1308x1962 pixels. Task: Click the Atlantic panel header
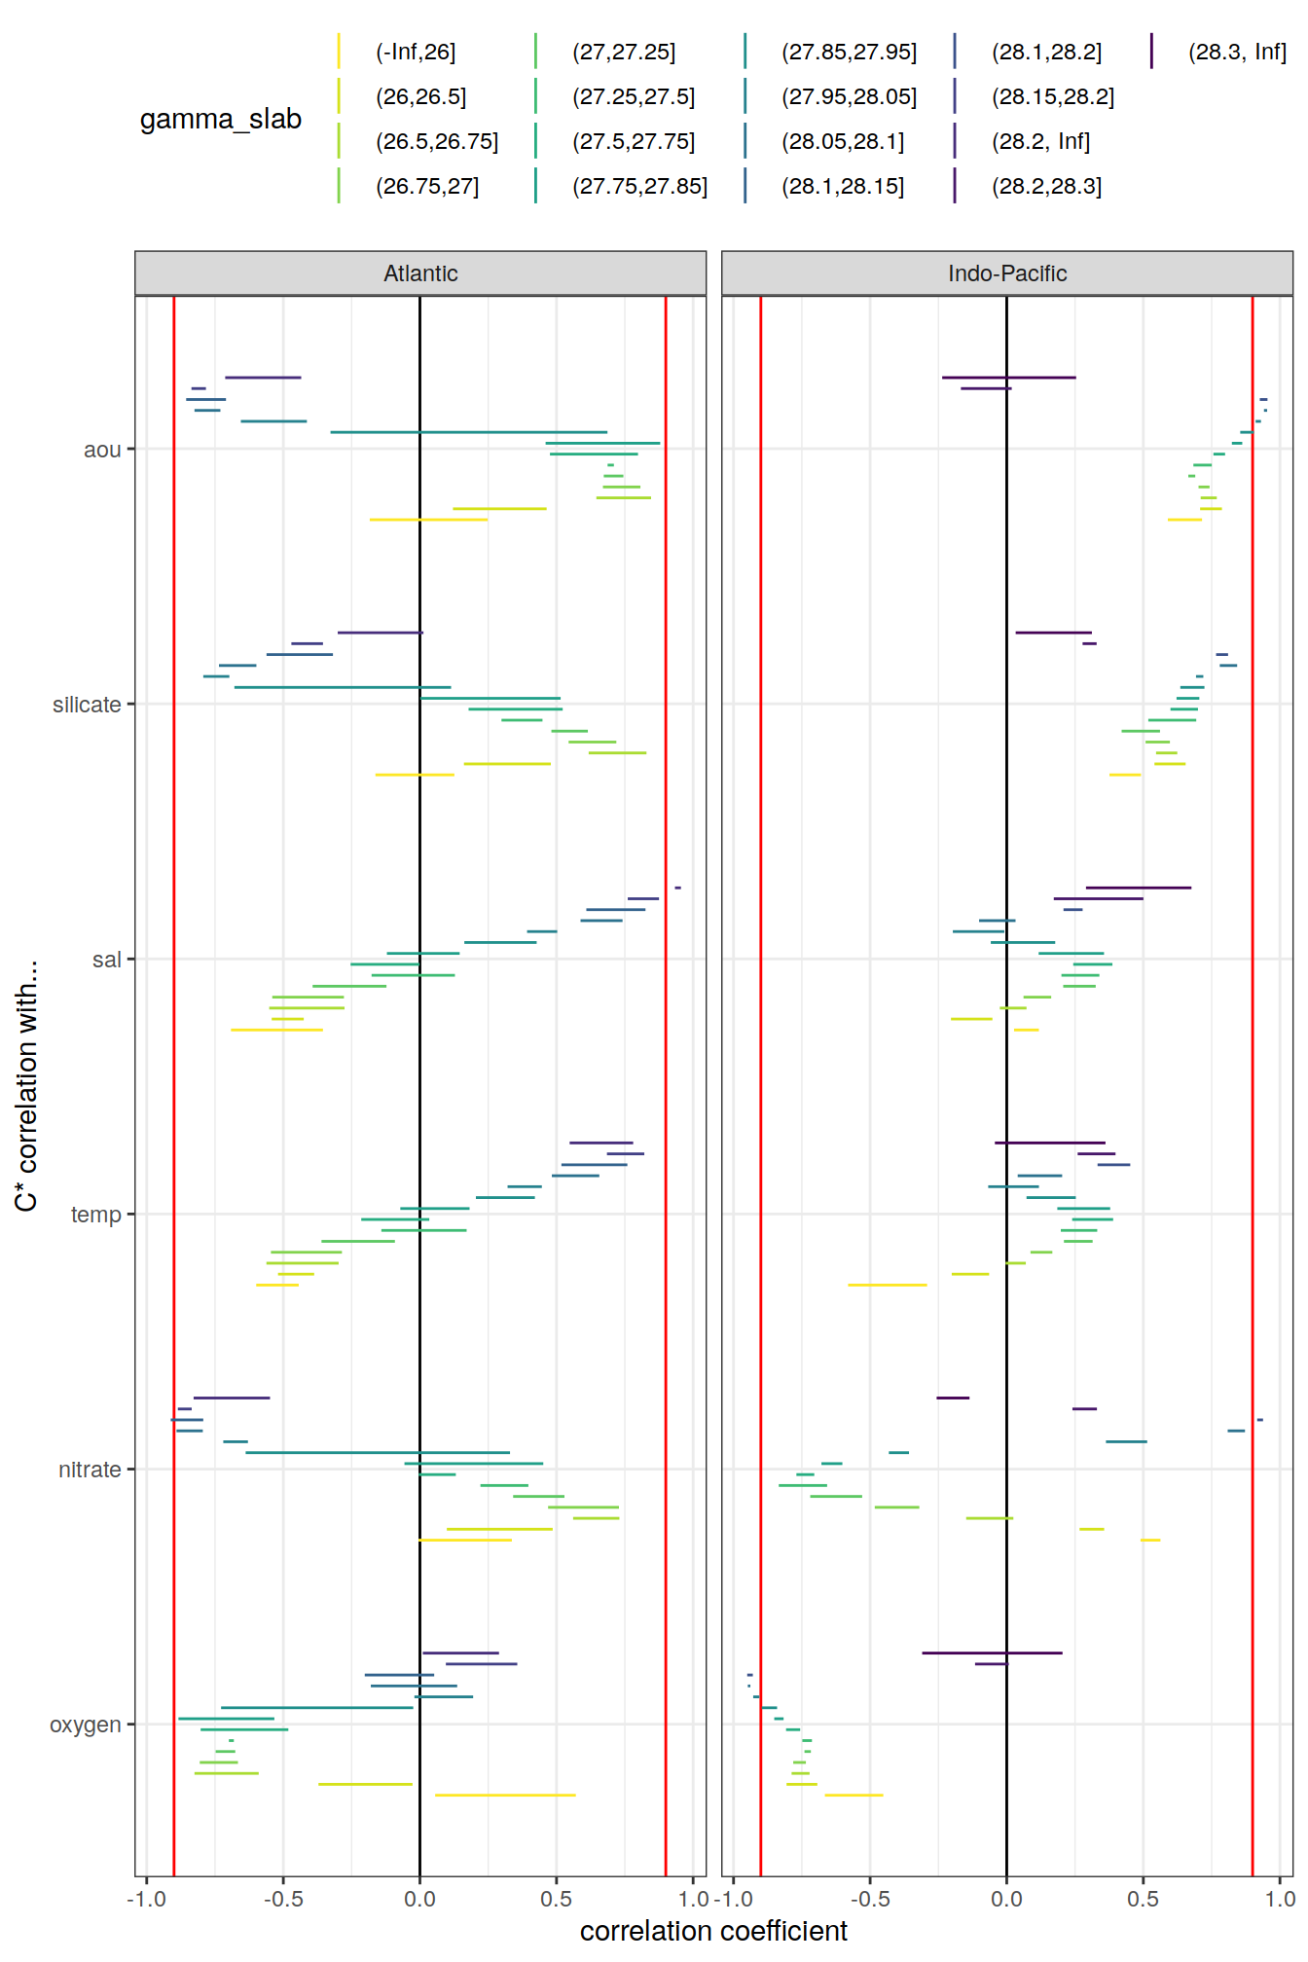[x=420, y=273]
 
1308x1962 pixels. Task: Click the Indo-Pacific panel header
[x=1006, y=273]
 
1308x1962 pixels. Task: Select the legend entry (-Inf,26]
[x=416, y=53]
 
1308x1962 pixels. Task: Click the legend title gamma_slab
[x=221, y=119]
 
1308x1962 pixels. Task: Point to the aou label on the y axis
[x=102, y=450]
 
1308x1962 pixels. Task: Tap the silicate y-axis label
[x=87, y=705]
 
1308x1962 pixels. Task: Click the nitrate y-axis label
[x=90, y=1470]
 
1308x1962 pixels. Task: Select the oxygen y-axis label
[x=86, y=1725]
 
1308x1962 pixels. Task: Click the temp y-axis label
[x=95, y=1215]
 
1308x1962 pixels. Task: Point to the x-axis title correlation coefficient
[x=713, y=1931]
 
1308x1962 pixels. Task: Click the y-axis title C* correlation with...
[x=26, y=1085]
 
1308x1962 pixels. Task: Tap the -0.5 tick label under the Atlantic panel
[x=282, y=1899]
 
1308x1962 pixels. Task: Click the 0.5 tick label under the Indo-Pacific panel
[x=1143, y=1899]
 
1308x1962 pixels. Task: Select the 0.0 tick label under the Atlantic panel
[x=419, y=1899]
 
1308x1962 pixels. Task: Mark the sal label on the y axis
[x=106, y=960]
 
